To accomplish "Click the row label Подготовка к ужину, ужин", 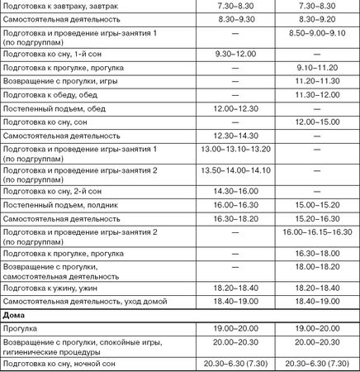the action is (51, 288).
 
